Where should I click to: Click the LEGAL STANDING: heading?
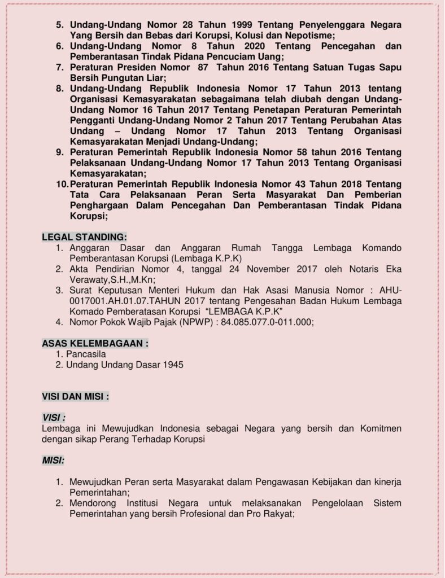(85, 236)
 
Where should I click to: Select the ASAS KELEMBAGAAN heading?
(95, 343)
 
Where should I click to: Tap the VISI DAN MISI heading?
(76, 396)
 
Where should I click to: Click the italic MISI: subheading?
(54, 461)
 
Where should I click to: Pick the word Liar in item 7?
(152, 77)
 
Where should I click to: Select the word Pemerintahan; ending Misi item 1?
(100, 492)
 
